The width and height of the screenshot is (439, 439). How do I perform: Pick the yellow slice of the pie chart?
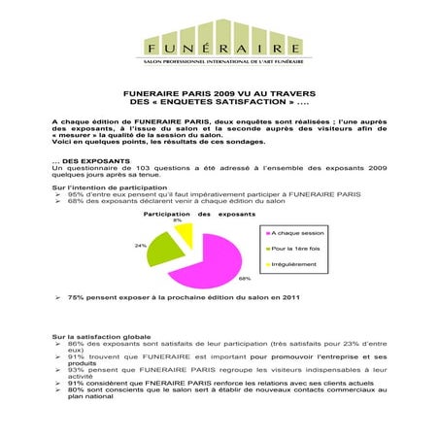coord(184,232)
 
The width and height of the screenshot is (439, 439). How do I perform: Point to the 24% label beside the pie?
coord(141,246)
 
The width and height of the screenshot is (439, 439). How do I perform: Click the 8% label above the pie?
coord(177,220)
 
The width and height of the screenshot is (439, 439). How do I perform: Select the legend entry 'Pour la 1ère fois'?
coord(297,249)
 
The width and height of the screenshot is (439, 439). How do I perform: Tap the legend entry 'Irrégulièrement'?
coord(296,264)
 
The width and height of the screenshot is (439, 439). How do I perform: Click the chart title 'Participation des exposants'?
coord(199,213)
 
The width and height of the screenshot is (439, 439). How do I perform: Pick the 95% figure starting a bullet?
coord(75,194)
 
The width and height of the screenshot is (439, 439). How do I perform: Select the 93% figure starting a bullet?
coord(75,370)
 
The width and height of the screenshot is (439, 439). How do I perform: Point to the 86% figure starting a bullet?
coord(75,344)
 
